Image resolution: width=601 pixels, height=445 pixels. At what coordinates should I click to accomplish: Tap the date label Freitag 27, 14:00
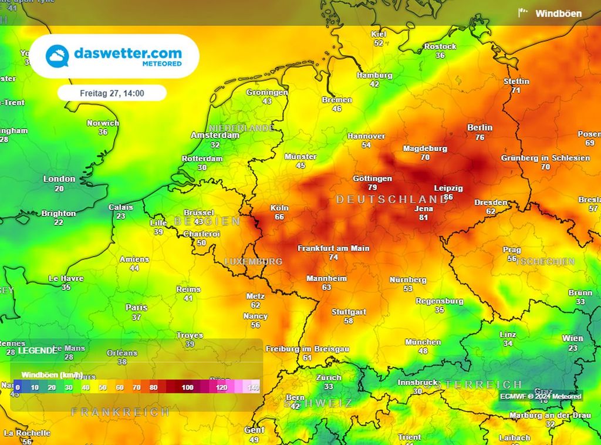pos(112,93)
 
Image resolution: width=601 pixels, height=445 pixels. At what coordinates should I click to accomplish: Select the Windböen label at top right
pos(558,14)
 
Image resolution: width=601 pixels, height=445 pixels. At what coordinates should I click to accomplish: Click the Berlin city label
pos(480,127)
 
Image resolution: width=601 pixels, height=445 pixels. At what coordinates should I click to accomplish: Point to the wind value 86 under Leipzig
pos(448,197)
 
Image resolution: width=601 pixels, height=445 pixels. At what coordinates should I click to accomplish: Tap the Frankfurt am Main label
pos(333,248)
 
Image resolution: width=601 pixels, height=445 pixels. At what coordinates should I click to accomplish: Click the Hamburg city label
pos(374,75)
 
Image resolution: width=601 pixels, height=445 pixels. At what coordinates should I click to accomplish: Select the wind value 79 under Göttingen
pos(372,187)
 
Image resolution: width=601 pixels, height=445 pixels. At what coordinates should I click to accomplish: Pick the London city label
pos(59,179)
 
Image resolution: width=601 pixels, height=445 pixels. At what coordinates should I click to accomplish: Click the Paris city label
pos(136,308)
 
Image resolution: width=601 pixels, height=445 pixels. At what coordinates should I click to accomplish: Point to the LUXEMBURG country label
pos(254,261)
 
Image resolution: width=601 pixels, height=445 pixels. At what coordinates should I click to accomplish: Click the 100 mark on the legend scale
pos(187,387)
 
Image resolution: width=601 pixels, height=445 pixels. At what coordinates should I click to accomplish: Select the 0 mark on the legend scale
pos(18,387)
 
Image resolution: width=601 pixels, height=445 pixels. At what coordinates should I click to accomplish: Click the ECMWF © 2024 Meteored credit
pos(541,396)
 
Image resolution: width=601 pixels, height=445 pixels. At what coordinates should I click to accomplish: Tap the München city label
pos(423,342)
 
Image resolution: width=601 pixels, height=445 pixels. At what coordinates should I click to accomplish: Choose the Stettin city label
pos(516,81)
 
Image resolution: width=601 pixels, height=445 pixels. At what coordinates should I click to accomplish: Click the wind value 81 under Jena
pos(423,217)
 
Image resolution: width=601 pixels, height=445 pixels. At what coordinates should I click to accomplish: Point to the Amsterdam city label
pos(215,135)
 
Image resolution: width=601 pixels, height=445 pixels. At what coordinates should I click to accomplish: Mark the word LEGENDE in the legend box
pos(38,350)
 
